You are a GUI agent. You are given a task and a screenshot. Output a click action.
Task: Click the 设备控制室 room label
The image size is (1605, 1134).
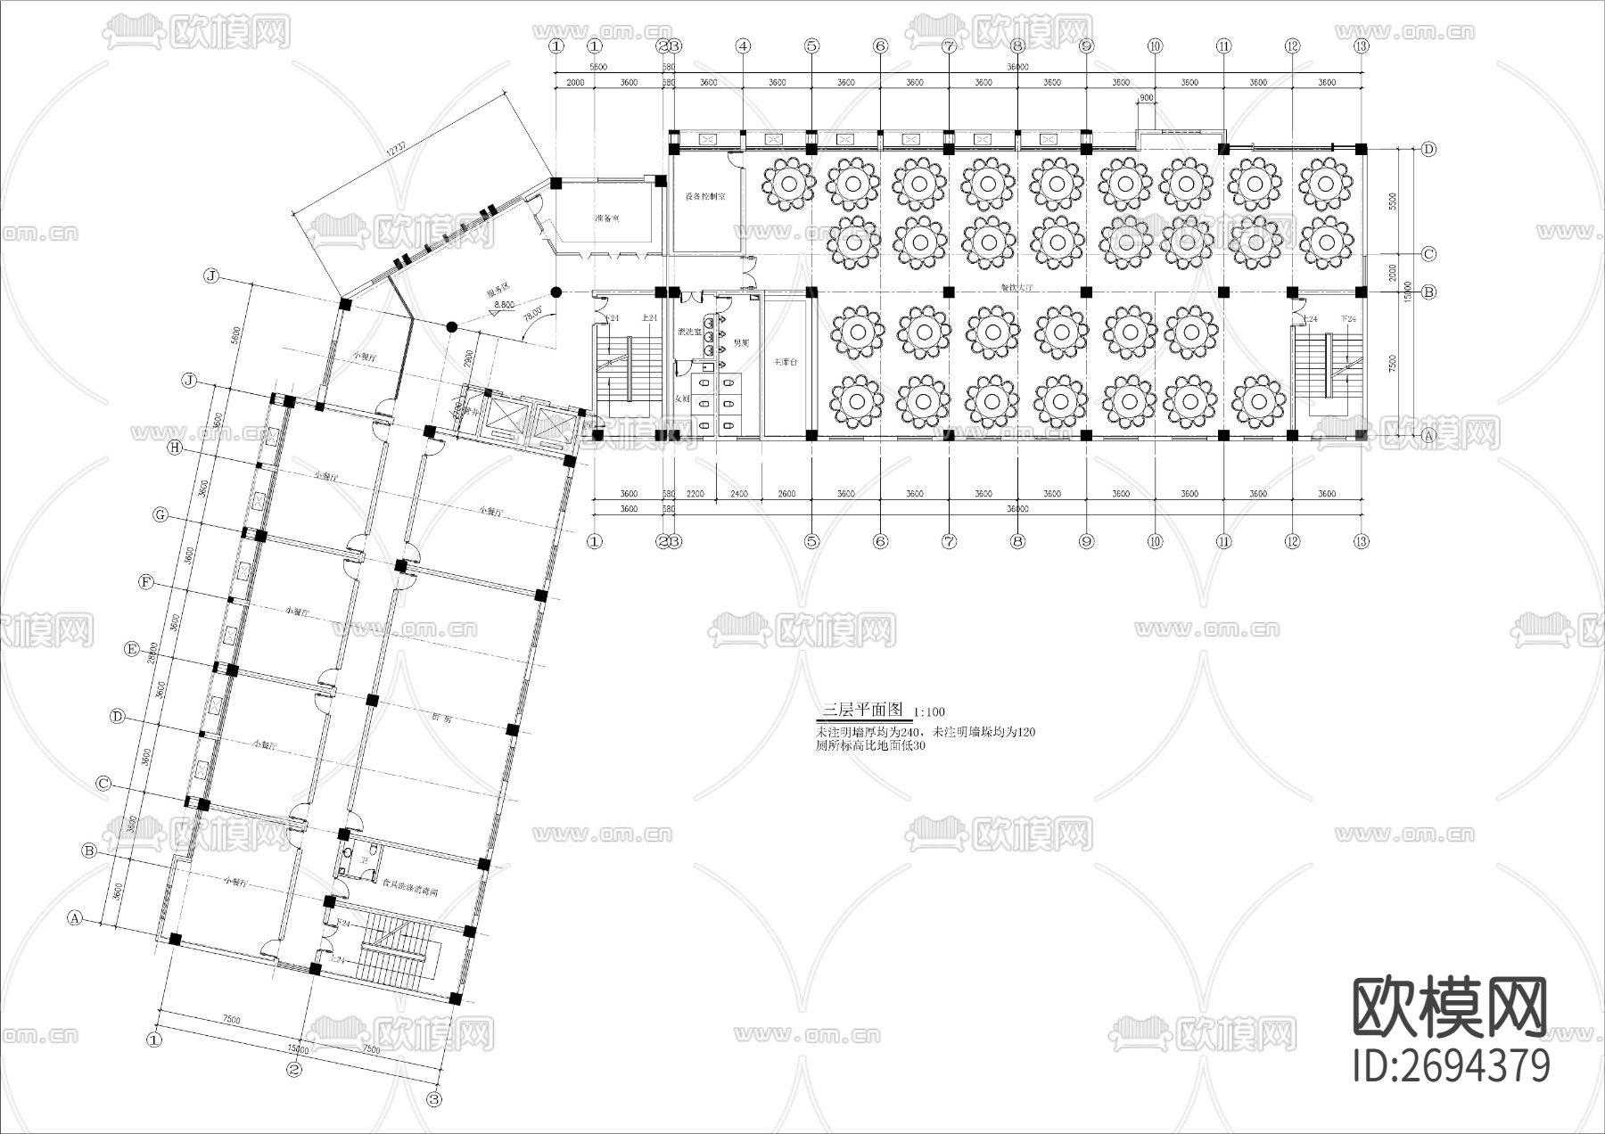click(x=704, y=196)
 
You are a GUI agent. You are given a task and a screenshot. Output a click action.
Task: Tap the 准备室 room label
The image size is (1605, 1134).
click(x=607, y=218)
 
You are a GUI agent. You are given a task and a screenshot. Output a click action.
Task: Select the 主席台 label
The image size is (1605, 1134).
click(x=785, y=362)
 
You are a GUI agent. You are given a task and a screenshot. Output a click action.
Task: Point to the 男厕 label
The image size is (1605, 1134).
click(x=741, y=342)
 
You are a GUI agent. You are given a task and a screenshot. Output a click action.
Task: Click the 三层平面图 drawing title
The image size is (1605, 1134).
click(x=861, y=711)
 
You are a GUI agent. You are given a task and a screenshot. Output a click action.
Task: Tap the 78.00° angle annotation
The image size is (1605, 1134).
click(x=531, y=315)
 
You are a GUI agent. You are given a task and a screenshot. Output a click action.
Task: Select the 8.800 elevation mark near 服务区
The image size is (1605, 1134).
click(x=504, y=305)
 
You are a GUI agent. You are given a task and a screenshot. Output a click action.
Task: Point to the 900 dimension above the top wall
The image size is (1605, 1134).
click(x=1147, y=98)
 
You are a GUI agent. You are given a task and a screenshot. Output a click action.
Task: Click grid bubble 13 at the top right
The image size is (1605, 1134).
click(x=1361, y=45)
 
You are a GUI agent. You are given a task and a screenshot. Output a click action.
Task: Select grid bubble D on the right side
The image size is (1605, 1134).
click(x=1429, y=150)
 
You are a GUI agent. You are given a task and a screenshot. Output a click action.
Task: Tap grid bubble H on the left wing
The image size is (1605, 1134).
click(x=175, y=448)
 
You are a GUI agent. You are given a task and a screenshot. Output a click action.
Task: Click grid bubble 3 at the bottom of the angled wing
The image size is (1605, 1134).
click(x=434, y=1099)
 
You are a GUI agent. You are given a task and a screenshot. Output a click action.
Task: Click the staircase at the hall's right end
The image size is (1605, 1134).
click(x=1328, y=366)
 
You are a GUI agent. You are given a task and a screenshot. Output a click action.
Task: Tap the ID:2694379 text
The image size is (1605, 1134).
click(x=1452, y=1066)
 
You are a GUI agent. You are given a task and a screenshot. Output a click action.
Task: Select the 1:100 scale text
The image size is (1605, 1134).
click(x=930, y=712)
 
